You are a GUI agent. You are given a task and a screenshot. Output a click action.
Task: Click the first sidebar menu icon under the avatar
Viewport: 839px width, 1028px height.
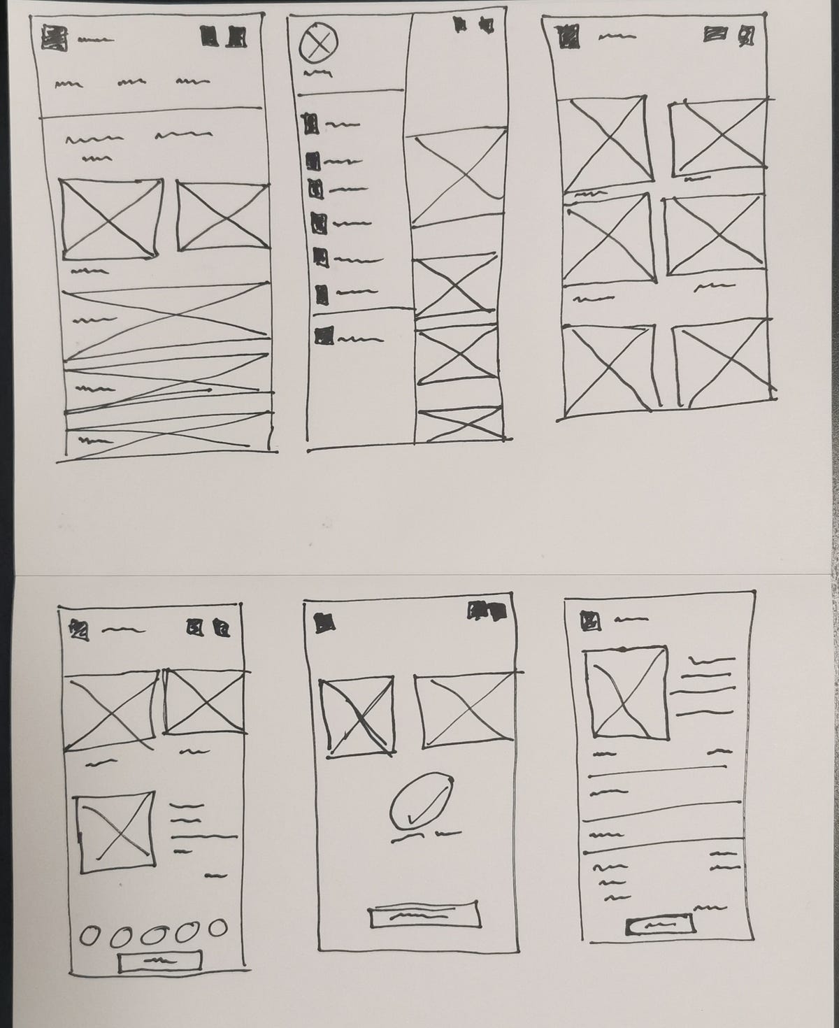pos(310,124)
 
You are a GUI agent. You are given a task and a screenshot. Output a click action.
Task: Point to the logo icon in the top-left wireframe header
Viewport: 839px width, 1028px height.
pos(52,37)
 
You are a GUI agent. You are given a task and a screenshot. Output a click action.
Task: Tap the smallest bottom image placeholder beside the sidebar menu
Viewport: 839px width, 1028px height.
pos(459,424)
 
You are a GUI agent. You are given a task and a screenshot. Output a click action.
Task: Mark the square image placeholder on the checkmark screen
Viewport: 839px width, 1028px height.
pos(357,715)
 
